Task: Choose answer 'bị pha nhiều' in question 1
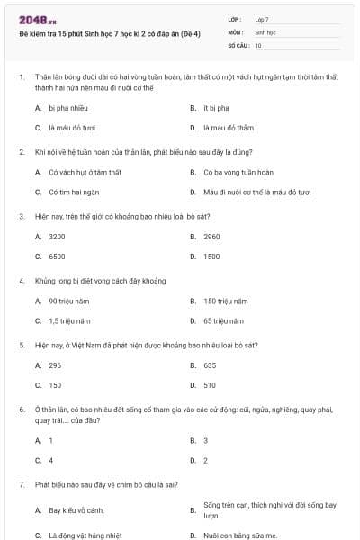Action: [67, 107]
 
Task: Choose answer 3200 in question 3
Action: [57, 237]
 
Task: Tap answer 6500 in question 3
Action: [57, 256]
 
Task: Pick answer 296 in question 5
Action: [55, 365]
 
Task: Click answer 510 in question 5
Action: [210, 385]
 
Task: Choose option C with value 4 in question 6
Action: [50, 460]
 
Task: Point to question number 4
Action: [21, 281]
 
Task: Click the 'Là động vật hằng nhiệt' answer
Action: [82, 535]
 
